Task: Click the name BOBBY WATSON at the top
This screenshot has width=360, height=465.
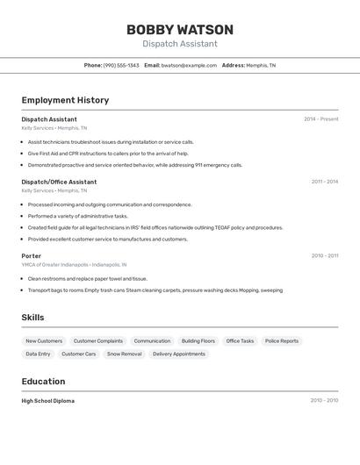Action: tap(180, 29)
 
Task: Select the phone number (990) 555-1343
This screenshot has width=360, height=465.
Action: tap(121, 65)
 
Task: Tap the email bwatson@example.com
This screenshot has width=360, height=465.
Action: tap(189, 65)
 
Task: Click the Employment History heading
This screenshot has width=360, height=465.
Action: tap(65, 100)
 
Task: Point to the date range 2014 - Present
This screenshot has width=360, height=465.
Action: tap(320, 119)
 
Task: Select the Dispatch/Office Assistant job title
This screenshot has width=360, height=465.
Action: tap(59, 182)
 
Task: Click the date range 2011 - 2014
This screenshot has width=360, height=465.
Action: tap(324, 182)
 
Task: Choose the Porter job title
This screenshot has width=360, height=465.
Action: tap(32, 256)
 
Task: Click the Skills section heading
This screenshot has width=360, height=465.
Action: tap(32, 318)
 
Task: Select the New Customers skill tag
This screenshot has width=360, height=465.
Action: tap(44, 340)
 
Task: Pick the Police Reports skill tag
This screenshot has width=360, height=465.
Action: tap(282, 340)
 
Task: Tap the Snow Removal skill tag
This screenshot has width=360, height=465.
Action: tap(124, 354)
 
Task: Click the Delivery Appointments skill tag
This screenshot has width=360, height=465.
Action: tap(179, 354)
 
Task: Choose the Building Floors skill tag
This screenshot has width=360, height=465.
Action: tap(198, 340)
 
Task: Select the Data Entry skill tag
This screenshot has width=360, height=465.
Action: tap(38, 354)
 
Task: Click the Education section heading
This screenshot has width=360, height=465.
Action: tap(43, 382)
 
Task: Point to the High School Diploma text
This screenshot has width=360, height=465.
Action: tap(48, 400)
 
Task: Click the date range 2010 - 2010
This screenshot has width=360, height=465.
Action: tap(324, 400)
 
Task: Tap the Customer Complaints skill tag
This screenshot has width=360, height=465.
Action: tap(98, 340)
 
